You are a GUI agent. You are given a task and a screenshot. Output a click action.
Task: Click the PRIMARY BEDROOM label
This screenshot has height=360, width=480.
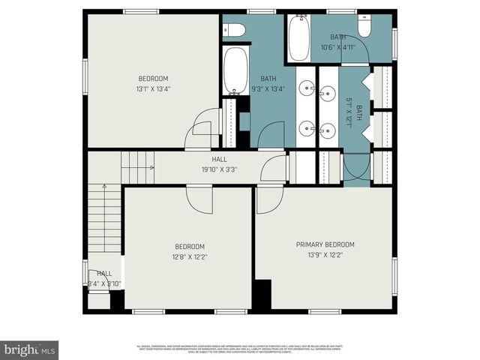point(325,244)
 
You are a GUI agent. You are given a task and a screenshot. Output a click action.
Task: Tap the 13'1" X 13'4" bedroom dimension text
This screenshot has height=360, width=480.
point(153,88)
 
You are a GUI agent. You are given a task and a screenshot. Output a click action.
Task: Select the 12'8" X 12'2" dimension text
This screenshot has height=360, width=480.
point(189,256)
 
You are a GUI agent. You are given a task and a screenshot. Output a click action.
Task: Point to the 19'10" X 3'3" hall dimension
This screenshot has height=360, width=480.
point(219,169)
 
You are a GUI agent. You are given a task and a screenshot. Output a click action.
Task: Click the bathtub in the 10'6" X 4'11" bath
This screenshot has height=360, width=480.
point(298,39)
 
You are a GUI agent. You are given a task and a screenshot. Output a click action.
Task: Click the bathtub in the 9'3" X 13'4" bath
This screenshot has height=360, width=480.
point(235,70)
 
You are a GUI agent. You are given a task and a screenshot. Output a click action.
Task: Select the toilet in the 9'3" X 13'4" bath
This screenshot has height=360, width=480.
point(235,30)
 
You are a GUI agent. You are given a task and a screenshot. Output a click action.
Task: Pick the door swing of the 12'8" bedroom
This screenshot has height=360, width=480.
point(200,200)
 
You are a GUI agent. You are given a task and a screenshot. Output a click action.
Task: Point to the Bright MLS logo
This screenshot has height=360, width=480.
point(30,349)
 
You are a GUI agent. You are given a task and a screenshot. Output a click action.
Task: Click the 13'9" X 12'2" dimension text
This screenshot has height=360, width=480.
point(325,255)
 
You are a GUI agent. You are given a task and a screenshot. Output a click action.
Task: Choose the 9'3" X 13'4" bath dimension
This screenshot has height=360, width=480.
point(268,88)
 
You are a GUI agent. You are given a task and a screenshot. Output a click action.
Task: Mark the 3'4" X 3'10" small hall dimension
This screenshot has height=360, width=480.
point(104,283)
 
